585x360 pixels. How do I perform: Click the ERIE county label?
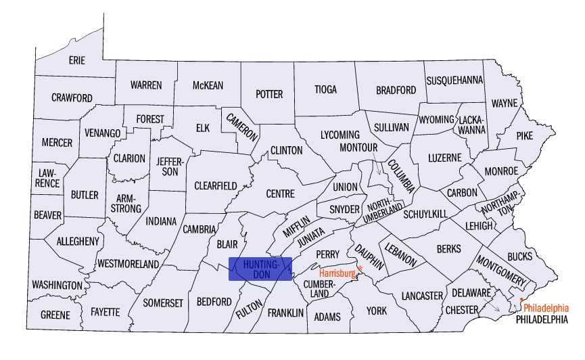[x=77, y=60]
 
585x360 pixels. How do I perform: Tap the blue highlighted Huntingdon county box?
[x=260, y=269]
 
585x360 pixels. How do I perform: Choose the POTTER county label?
[x=269, y=94]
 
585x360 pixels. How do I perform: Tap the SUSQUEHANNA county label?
[x=454, y=80]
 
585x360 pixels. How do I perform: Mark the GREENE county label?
[x=55, y=315]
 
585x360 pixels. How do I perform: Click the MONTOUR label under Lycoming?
[x=358, y=147]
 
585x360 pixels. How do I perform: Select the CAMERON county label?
[x=242, y=126]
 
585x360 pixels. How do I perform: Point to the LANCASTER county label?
[x=422, y=296]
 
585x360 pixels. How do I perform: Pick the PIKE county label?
[x=525, y=135]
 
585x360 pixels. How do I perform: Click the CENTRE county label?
[x=280, y=194]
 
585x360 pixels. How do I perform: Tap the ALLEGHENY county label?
[x=78, y=241]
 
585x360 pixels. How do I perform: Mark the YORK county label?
[x=377, y=311]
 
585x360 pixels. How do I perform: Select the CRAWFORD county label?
[x=72, y=98]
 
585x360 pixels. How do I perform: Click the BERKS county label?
[x=448, y=249]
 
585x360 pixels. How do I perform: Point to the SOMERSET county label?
[x=163, y=303]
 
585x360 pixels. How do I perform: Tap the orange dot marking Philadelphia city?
[x=521, y=299]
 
